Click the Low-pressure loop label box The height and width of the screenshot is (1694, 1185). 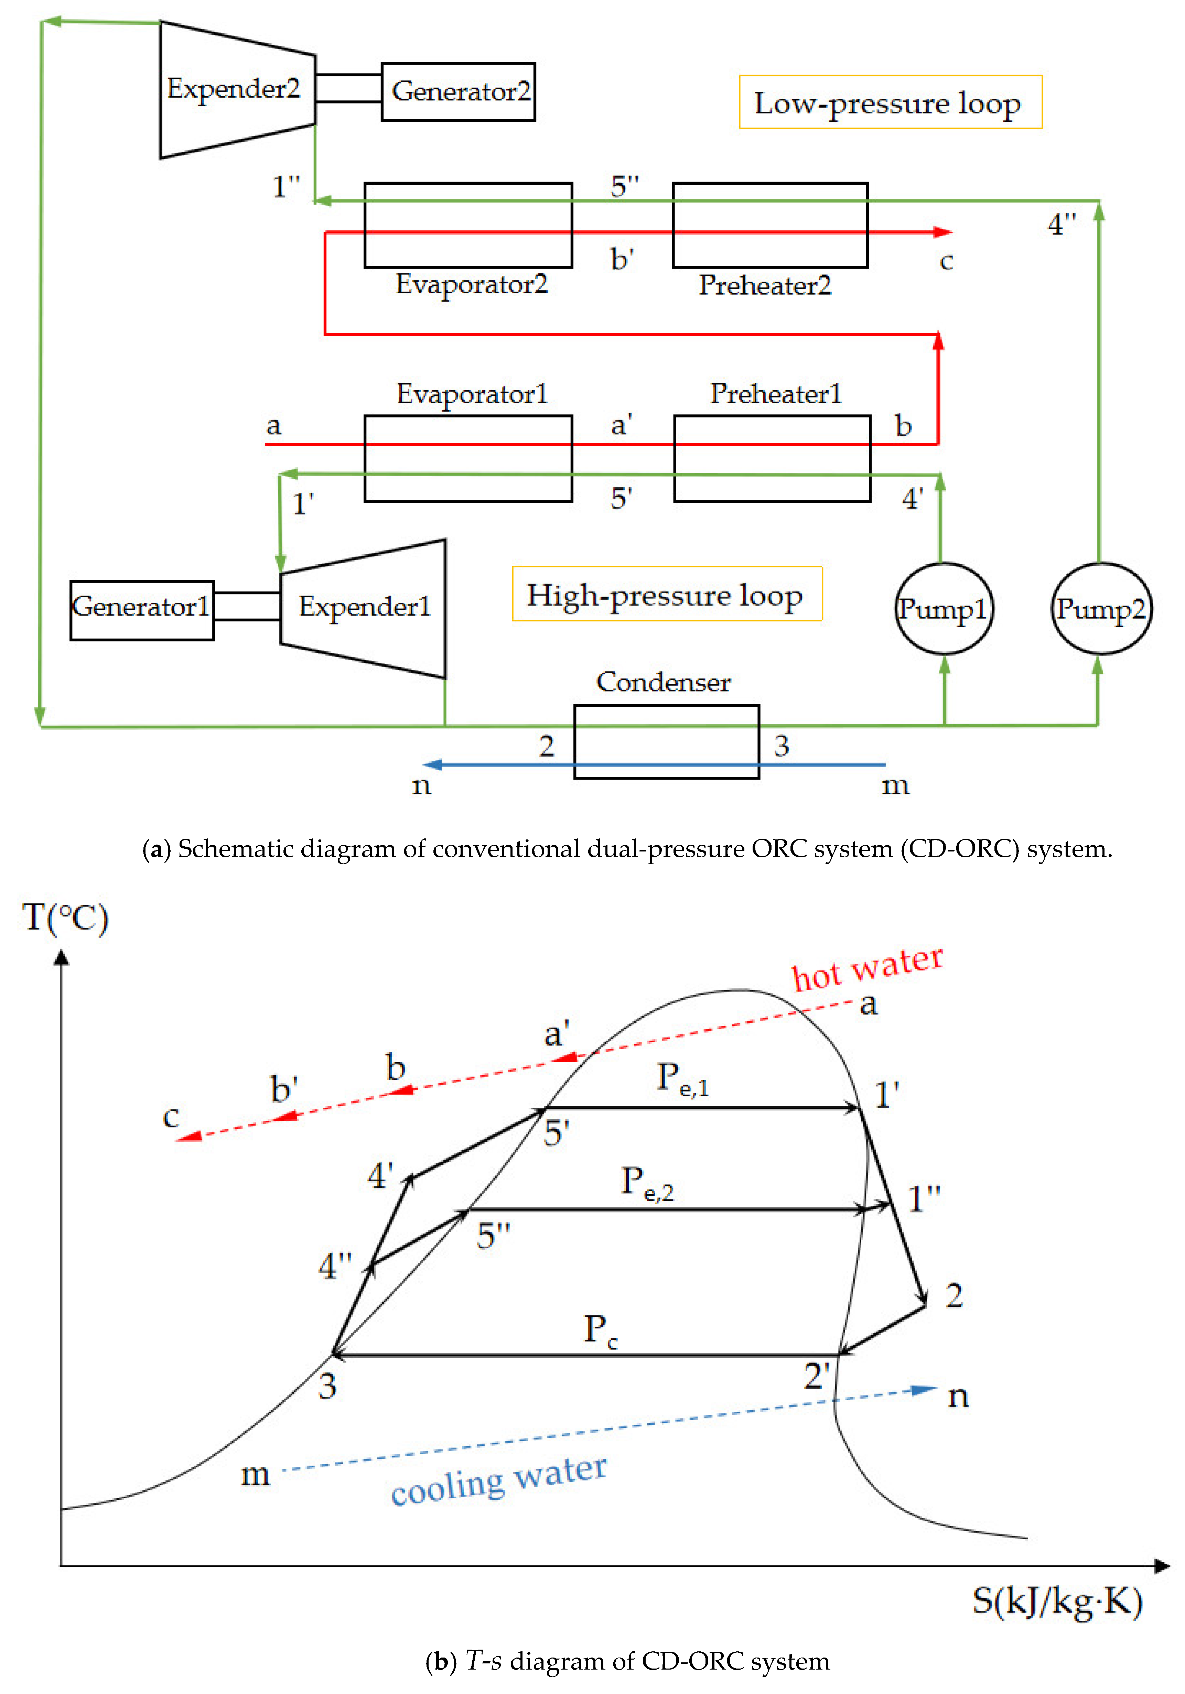pos(890,102)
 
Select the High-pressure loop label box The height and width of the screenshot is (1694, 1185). pos(666,594)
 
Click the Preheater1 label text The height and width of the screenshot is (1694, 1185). pos(775,393)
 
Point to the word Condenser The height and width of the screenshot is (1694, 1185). pos(662,682)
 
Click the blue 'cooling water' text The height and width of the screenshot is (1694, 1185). pos(499,1481)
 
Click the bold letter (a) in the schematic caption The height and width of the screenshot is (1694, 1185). pos(156,849)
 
